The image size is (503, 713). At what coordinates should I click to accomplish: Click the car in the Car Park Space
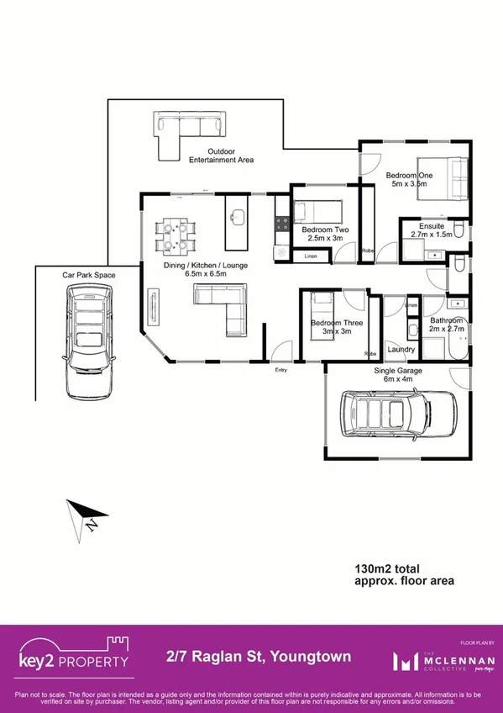(89, 340)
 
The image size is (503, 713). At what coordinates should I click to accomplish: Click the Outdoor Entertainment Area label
(221, 156)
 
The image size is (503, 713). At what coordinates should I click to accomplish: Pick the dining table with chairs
(176, 235)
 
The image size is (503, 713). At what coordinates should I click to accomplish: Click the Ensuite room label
(426, 230)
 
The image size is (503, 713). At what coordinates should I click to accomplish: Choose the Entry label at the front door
(281, 369)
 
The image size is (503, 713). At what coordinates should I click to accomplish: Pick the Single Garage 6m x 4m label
(398, 374)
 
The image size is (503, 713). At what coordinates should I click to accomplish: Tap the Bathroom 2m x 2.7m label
(446, 325)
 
